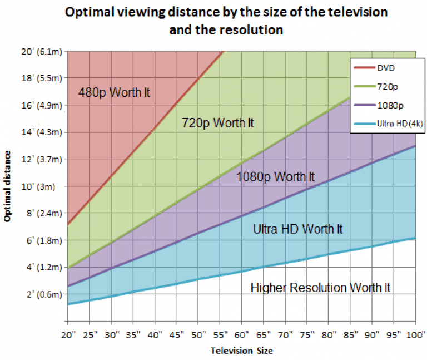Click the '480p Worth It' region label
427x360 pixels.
tap(114, 92)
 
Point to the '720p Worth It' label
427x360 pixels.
tap(217, 123)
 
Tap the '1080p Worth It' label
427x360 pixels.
tap(275, 177)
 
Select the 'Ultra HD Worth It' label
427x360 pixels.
tap(297, 229)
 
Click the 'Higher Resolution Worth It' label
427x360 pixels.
tap(320, 288)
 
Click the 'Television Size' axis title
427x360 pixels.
tap(241, 351)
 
